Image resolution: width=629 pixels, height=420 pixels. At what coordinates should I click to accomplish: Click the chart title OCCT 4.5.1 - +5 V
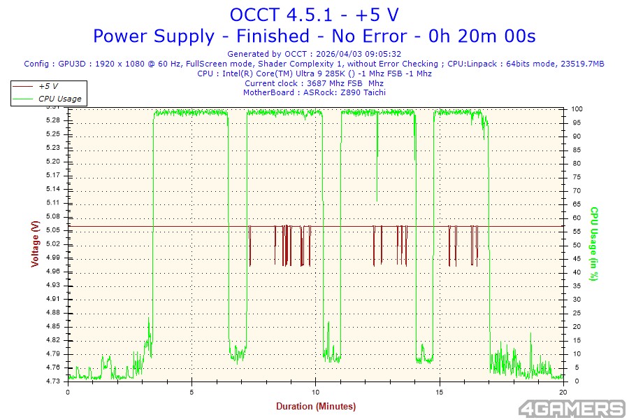pyautogui.click(x=314, y=14)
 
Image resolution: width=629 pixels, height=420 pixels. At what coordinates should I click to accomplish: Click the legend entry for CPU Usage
pyautogui.click(x=59, y=99)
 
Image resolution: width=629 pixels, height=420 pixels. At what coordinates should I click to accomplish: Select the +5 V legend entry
pyautogui.click(x=48, y=86)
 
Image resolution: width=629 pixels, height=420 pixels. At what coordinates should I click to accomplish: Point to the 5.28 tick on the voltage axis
pyautogui.click(x=52, y=120)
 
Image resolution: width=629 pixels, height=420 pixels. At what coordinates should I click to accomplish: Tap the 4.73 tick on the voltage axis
pyautogui.click(x=52, y=381)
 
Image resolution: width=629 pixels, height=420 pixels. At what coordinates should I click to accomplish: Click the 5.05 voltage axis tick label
pyautogui.click(x=52, y=230)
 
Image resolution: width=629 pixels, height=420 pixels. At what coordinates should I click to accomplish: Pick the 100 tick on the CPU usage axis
pyautogui.click(x=577, y=109)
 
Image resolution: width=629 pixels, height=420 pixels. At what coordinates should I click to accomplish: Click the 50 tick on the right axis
pyautogui.click(x=575, y=245)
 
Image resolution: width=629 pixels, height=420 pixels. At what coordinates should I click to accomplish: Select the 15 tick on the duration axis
pyautogui.click(x=440, y=392)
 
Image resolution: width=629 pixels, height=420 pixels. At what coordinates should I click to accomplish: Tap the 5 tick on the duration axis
pyautogui.click(x=191, y=392)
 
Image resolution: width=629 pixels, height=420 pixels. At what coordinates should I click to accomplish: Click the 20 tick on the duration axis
pyautogui.click(x=563, y=392)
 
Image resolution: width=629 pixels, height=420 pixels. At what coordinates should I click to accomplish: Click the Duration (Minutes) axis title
pyautogui.click(x=315, y=407)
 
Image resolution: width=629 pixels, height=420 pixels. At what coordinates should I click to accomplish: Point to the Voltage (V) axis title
pyautogui.click(x=34, y=244)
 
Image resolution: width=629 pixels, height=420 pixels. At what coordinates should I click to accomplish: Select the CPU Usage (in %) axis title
pyautogui.click(x=594, y=244)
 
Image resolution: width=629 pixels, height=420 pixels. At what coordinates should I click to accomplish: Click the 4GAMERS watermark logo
pyautogui.click(x=572, y=408)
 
